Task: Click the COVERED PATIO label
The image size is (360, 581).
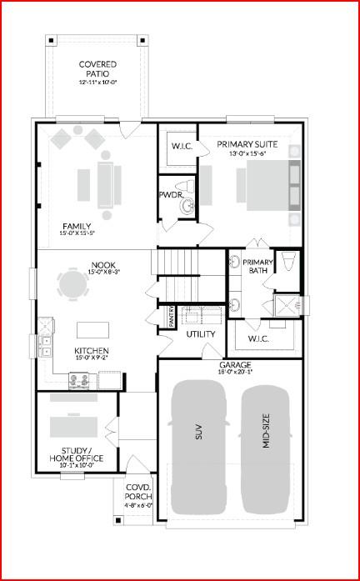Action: click(x=97, y=69)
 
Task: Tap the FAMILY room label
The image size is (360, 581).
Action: click(x=76, y=227)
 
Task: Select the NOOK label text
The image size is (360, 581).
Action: click(x=97, y=267)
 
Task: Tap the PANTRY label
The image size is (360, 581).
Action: click(x=171, y=318)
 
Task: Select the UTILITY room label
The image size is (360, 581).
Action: click(x=201, y=334)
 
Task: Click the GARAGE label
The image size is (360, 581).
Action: click(x=235, y=365)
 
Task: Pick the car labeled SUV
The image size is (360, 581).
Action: click(x=198, y=445)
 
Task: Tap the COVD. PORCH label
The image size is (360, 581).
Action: click(x=137, y=493)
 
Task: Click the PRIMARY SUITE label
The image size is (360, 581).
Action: click(x=246, y=144)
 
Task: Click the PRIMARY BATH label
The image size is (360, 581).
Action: click(x=257, y=265)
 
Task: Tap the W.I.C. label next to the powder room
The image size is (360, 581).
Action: click(x=182, y=147)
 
